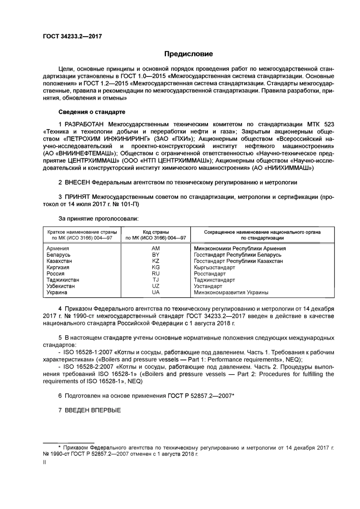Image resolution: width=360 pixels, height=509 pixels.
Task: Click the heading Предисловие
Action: tap(188, 54)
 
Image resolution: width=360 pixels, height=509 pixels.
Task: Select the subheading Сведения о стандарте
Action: tap(92, 112)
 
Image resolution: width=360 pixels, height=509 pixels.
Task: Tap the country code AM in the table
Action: tap(155, 248)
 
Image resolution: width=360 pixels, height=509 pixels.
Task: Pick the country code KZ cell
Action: tap(155, 261)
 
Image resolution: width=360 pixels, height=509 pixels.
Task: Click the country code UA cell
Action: tap(155, 292)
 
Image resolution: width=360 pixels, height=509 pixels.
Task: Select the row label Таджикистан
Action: tap(63, 280)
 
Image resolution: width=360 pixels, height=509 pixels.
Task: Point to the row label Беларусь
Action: tap(58, 255)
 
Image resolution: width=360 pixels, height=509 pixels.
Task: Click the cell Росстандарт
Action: tap(210, 273)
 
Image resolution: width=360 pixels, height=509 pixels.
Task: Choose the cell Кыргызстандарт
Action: tap(214, 267)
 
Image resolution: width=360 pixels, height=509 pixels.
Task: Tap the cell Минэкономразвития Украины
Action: tap(231, 292)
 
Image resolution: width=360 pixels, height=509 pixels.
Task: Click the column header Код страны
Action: tap(155, 232)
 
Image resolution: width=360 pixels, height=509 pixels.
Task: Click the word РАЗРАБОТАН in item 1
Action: tap(85, 124)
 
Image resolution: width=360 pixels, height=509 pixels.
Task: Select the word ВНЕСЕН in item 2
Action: tap(77, 182)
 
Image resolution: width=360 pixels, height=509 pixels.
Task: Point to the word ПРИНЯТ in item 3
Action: tap(77, 197)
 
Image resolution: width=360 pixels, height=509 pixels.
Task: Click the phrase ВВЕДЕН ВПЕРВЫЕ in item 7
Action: tap(93, 410)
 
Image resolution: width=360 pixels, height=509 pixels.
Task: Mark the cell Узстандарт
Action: tap(208, 286)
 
